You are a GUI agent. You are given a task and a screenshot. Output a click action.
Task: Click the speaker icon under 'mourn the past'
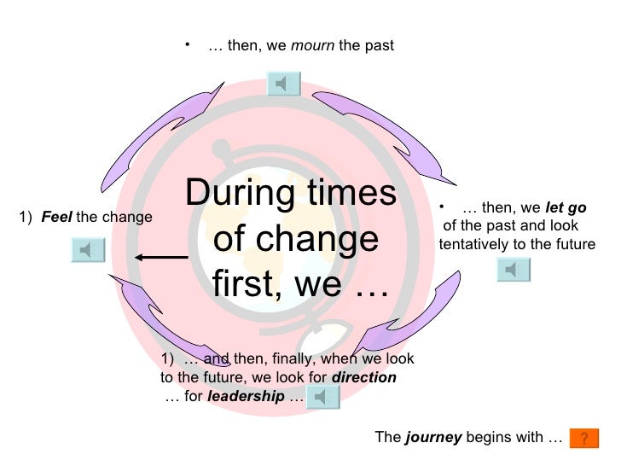(284, 83)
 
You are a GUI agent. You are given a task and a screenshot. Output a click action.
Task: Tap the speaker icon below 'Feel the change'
(87, 249)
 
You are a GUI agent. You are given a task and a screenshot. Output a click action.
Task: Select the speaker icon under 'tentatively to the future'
(513, 270)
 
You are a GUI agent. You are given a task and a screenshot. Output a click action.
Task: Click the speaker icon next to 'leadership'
(323, 396)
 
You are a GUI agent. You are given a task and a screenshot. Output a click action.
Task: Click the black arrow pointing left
(160, 257)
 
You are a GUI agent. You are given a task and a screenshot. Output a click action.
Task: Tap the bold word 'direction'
(363, 376)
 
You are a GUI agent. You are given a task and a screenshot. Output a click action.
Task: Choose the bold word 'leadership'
(246, 397)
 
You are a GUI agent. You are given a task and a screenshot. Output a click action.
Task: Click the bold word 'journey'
(433, 438)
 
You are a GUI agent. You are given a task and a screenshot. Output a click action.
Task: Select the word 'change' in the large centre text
(325, 240)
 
